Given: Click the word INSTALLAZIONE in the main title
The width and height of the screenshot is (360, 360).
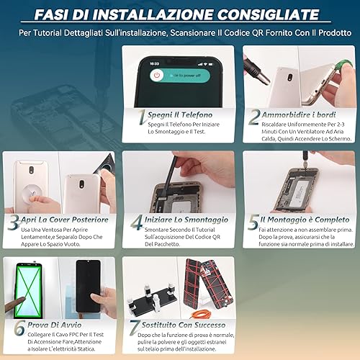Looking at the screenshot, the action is pos(153,14).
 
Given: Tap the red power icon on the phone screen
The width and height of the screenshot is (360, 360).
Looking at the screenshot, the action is pos(157,75).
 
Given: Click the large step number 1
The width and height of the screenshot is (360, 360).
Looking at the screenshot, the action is pos(143,117).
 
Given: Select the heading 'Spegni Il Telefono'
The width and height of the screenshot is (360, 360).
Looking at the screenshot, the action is pos(180,114).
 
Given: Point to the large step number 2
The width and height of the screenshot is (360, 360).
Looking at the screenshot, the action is pos(254,117).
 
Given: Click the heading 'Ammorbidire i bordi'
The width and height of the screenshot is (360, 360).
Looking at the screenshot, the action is pos(299,114).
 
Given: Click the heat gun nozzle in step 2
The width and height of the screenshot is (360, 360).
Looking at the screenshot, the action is pos(257,71).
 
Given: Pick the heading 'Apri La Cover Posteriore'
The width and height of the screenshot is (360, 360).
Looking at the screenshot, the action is pos(65,220).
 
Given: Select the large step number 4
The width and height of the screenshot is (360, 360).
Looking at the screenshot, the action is pos(137,222).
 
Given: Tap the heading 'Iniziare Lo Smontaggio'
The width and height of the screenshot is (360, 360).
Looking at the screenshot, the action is pos(186,220).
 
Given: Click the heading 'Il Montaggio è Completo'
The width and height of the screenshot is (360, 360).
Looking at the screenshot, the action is pos(305,220).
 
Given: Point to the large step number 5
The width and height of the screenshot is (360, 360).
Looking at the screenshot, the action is pos(253,222).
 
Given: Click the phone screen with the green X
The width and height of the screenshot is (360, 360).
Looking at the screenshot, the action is pos(29,290).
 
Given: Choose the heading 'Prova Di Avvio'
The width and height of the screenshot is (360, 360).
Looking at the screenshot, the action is pos(55,325).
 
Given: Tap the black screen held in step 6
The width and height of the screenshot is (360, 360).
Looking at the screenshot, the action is pos(88,286).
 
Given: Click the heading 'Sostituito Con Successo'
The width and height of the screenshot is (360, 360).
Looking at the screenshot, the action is pos(184,325).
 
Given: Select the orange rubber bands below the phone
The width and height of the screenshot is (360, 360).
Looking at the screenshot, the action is pos(198,314).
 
